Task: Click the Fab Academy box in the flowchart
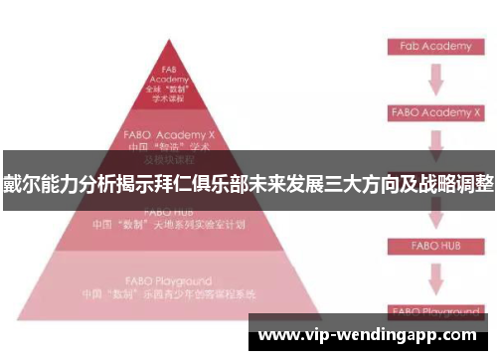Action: click(434, 47)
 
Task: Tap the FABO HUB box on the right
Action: click(434, 244)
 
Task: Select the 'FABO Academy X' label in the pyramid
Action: click(166, 131)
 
